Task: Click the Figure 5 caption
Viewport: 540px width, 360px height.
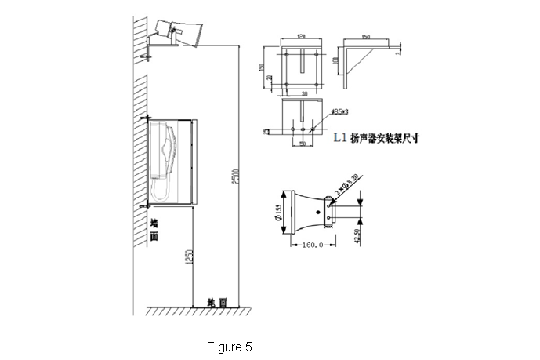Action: click(229, 345)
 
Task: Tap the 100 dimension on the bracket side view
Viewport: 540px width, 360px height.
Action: click(335, 60)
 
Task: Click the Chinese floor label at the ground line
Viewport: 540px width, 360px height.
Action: click(217, 302)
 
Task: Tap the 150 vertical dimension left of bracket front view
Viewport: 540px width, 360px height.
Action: click(263, 67)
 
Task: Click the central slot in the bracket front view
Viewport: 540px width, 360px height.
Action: click(301, 63)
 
